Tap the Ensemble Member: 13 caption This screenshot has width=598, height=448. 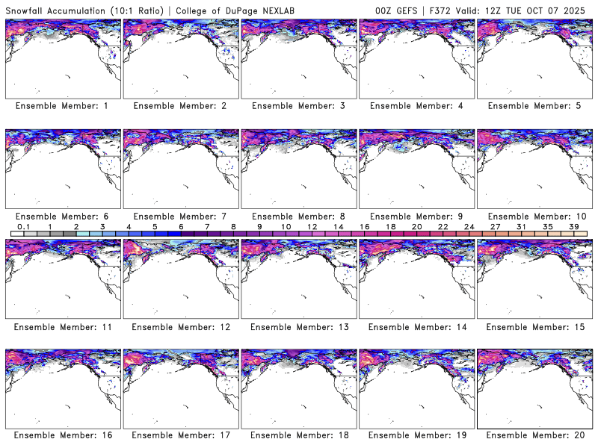coord(298,326)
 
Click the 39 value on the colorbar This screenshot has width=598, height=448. coord(574,225)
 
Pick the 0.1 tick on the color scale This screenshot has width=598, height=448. coord(24,225)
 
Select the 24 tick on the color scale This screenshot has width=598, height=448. coord(469,225)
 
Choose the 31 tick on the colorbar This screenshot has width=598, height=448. coord(522,225)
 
